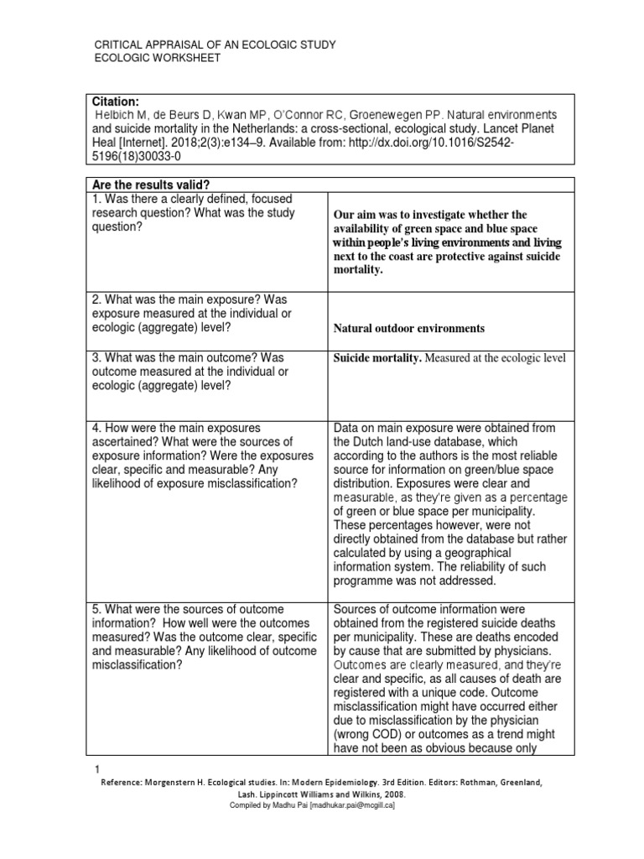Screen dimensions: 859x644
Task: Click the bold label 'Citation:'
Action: (x=117, y=101)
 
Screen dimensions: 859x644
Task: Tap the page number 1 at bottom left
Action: (x=98, y=769)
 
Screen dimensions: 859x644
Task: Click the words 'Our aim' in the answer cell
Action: (x=356, y=215)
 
